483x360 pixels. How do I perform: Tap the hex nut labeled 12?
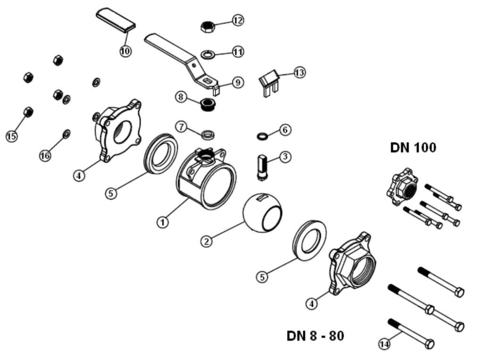click(x=208, y=26)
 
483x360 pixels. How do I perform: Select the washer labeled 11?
click(x=208, y=54)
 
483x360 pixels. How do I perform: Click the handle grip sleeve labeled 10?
click(x=116, y=19)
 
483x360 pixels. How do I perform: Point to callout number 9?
click(x=238, y=82)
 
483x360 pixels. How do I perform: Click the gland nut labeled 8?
click(x=208, y=104)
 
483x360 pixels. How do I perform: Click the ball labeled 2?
click(x=262, y=213)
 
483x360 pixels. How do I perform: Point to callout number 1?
click(x=163, y=222)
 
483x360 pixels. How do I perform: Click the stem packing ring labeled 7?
click(x=208, y=134)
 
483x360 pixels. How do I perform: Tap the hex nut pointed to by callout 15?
click(x=28, y=112)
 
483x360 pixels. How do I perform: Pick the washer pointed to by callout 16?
click(x=66, y=134)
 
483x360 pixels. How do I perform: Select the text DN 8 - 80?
click(x=315, y=335)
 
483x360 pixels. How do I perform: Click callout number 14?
click(x=384, y=343)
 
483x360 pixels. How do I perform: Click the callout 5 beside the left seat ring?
click(x=111, y=193)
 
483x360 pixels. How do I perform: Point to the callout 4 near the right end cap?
click(x=312, y=303)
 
